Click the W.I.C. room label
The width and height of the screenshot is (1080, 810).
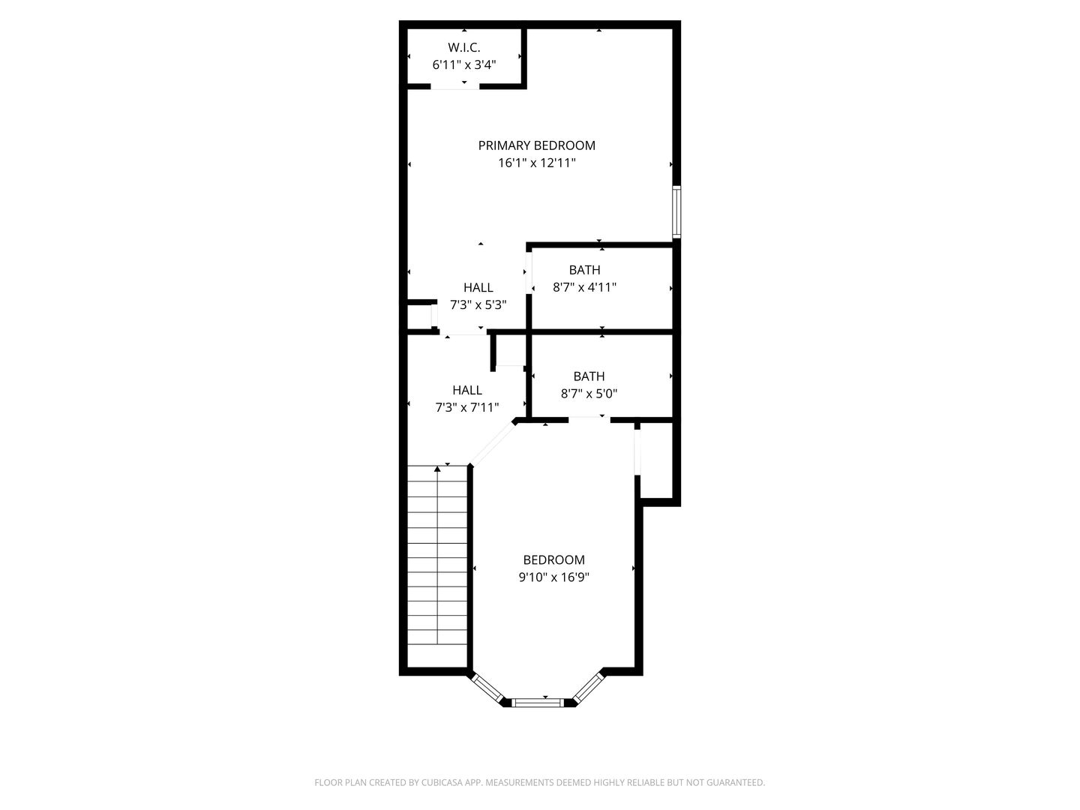[x=463, y=47]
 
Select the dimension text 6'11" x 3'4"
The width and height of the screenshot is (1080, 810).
[x=463, y=64]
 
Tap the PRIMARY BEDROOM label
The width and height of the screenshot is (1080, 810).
[x=537, y=145]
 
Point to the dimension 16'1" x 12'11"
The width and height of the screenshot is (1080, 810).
[x=537, y=163]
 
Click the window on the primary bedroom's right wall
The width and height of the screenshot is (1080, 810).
[x=676, y=212]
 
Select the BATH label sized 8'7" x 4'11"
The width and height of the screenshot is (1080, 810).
[x=584, y=270]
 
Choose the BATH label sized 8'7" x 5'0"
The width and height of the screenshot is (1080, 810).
[x=589, y=376]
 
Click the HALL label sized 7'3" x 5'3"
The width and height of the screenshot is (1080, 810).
[x=478, y=287]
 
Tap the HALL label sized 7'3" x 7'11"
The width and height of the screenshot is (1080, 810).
[x=467, y=390]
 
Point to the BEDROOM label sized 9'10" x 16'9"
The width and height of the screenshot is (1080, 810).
[x=553, y=559]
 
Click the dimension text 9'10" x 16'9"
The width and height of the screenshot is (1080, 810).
[x=553, y=577]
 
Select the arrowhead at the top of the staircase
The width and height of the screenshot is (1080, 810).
[x=437, y=469]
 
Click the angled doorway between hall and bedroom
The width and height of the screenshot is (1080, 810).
[x=493, y=443]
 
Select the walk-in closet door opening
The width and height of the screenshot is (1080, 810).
[x=454, y=86]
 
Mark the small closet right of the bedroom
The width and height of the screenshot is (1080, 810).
[x=657, y=460]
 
